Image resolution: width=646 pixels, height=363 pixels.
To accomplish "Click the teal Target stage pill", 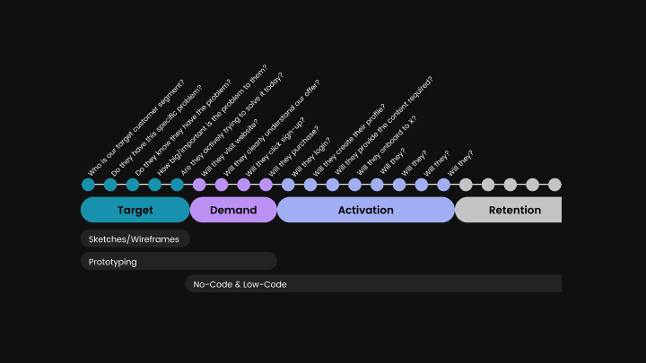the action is pos(135,210).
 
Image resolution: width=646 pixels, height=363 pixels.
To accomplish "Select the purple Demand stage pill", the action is pos(233,210).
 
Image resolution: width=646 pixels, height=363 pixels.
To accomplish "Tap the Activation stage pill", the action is pos(366,210).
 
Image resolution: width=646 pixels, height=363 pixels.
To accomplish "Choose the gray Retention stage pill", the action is pos(509,210).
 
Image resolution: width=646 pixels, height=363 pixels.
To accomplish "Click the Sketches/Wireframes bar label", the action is pos(134,239).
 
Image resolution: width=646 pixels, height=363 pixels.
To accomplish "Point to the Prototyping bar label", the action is pos(112,262).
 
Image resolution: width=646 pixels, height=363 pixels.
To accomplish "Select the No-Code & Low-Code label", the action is pos(240,284).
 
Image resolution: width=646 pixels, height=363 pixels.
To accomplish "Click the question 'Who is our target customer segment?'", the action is pos(136,127).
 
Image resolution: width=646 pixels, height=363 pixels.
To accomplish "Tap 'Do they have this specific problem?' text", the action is pos(156,131).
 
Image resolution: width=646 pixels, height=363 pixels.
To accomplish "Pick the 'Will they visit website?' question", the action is pos(230,148).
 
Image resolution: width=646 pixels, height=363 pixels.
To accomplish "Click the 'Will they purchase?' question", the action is pos(293,151).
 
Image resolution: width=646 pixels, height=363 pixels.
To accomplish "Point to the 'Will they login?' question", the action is pos(311,157).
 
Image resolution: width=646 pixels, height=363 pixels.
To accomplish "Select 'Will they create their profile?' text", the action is pos(349,140).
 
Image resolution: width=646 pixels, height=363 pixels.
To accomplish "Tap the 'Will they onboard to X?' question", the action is pos(387,145).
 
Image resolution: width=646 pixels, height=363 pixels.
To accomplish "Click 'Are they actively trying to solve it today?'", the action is pos(232,125).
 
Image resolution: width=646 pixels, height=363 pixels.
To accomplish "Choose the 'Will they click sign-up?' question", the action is pos(275,147).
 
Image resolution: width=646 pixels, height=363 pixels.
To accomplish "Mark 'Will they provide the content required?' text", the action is pos(384,125).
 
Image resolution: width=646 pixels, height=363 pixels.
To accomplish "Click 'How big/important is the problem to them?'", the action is pos(212,120).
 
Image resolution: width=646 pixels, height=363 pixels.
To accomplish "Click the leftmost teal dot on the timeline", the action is pos(88,185).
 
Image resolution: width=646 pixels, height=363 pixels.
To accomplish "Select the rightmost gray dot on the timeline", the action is pos(555,185).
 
